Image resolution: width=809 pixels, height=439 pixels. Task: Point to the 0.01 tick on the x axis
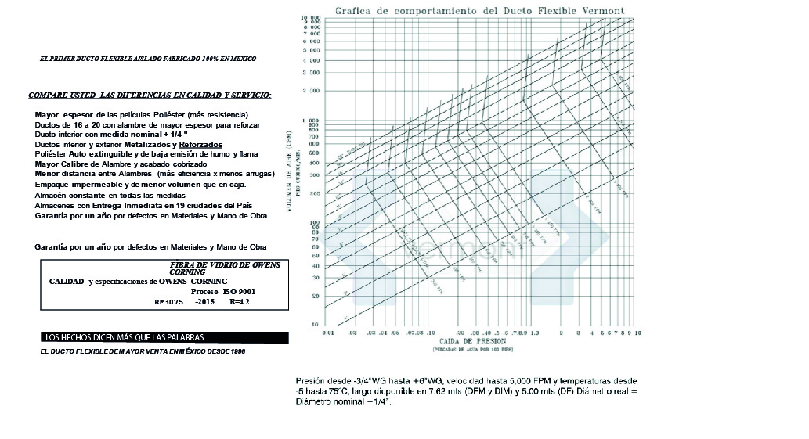(328, 333)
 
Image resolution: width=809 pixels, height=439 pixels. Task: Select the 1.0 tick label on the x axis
(535, 333)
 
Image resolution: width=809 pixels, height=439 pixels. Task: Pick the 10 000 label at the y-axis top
(312, 17)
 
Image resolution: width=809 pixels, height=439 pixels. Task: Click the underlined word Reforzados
(200, 145)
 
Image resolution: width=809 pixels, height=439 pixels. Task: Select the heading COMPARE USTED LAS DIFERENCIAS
(149, 95)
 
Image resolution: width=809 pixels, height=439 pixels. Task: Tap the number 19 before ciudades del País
(167, 205)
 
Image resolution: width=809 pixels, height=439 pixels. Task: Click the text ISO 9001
(239, 291)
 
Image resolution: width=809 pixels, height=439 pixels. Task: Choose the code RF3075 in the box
(168, 301)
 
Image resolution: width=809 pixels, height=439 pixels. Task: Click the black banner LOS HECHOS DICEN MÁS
(125, 337)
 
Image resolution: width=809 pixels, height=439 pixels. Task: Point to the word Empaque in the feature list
(53, 184)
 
